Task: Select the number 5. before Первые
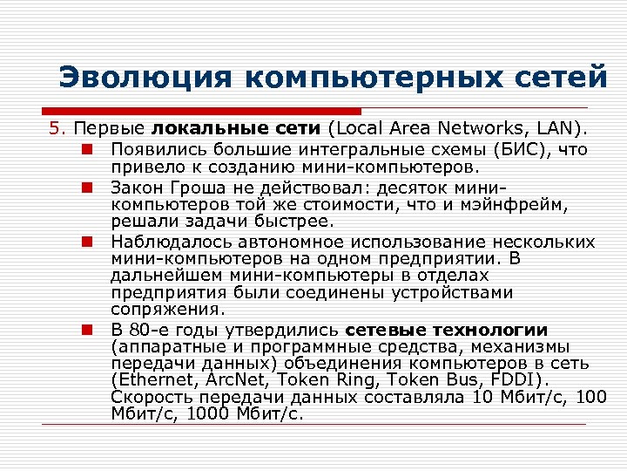tap(56, 129)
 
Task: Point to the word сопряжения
tap(168, 309)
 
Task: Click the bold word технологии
tap(494, 330)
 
